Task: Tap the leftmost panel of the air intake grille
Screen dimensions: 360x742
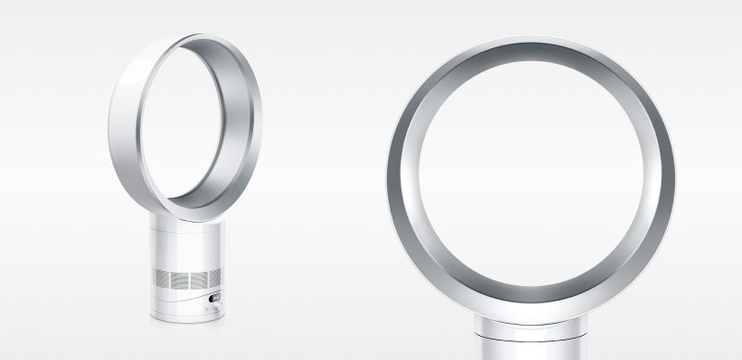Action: point(163,278)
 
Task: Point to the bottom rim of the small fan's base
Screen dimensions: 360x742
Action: point(186,319)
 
